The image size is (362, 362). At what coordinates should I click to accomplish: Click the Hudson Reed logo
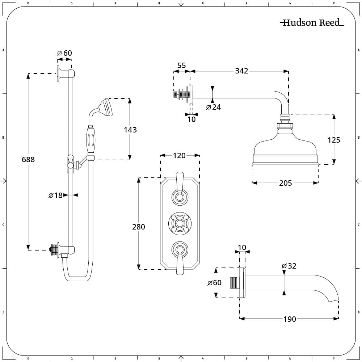pos(312,23)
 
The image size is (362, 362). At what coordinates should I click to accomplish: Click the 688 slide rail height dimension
pos(28,159)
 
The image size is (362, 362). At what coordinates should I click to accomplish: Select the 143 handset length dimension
pos(130,130)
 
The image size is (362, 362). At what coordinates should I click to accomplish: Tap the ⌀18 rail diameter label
pos(56,195)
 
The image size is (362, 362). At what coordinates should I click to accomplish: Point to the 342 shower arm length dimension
pos(241,71)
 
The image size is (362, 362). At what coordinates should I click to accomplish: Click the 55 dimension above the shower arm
pos(181,66)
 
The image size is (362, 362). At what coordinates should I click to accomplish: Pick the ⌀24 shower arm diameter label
pos(213,107)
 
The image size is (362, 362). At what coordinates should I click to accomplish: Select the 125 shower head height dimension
pos(334,140)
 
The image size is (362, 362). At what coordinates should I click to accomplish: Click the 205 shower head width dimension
pos(285,183)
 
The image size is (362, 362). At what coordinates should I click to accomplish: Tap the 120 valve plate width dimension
pos(179,156)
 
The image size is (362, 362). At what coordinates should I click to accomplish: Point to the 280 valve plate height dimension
pos(138,227)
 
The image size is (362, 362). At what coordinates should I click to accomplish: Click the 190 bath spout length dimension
pos(290,319)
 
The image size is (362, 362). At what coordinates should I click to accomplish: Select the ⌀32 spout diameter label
pos(289,266)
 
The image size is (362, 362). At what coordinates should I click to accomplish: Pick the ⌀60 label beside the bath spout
pos(214,283)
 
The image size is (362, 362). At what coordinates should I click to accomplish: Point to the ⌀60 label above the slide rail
pos(64,53)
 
